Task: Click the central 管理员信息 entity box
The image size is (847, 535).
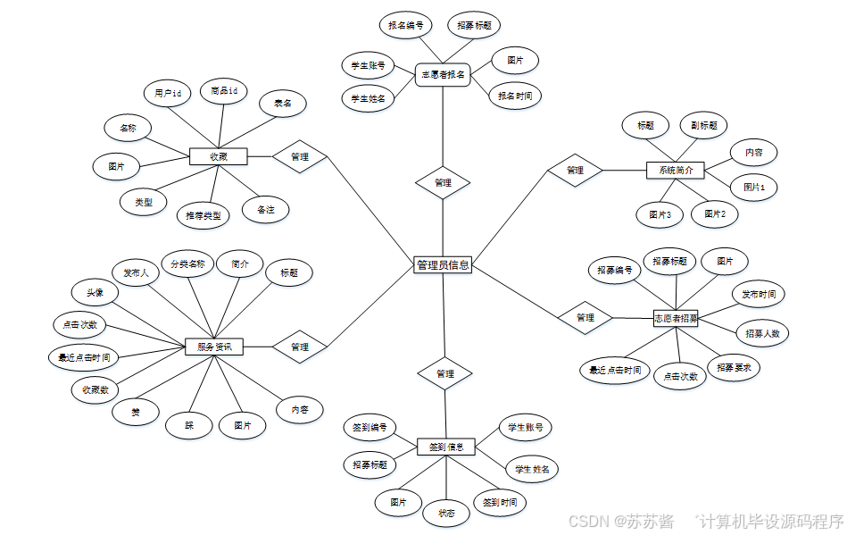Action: [x=443, y=265]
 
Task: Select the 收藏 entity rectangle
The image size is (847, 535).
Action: [x=218, y=156]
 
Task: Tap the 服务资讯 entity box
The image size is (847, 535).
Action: [x=214, y=347]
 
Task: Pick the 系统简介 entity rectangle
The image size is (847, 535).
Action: [x=676, y=170]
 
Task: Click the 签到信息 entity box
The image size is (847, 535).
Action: [x=446, y=447]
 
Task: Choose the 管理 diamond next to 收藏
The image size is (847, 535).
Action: [x=300, y=157]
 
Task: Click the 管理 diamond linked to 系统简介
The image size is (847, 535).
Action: [x=575, y=170]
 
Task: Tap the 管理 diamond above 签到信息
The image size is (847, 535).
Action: [x=445, y=373]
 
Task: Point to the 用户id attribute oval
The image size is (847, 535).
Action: [x=168, y=93]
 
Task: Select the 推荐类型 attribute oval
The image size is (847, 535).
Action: [x=203, y=215]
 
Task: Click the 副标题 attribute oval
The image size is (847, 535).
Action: [x=703, y=126]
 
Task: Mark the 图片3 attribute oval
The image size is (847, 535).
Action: [x=660, y=214]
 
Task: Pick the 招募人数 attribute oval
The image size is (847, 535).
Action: [x=763, y=333]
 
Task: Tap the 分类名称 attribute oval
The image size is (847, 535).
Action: [x=188, y=264]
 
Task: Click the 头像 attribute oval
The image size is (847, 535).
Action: [x=95, y=292]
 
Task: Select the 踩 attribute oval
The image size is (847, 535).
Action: [x=189, y=425]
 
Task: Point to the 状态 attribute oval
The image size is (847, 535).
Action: [x=446, y=513]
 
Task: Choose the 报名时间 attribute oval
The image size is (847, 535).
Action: [x=515, y=95]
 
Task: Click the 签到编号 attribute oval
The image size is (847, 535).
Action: [x=370, y=428]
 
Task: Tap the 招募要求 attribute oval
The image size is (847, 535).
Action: [x=734, y=366]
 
